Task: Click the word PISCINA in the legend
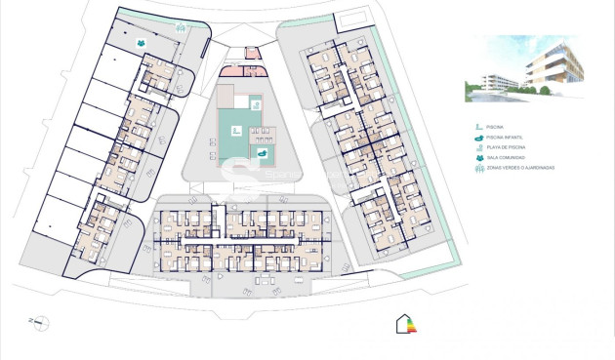click(x=499, y=127)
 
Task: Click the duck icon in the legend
click(x=478, y=138)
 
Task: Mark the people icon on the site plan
click(x=143, y=44)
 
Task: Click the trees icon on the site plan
click(x=181, y=28)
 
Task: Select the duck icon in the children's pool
click(x=262, y=152)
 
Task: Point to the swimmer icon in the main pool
click(x=235, y=129)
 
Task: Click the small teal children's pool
click(x=263, y=152)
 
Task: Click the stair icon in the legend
click(x=478, y=127)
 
